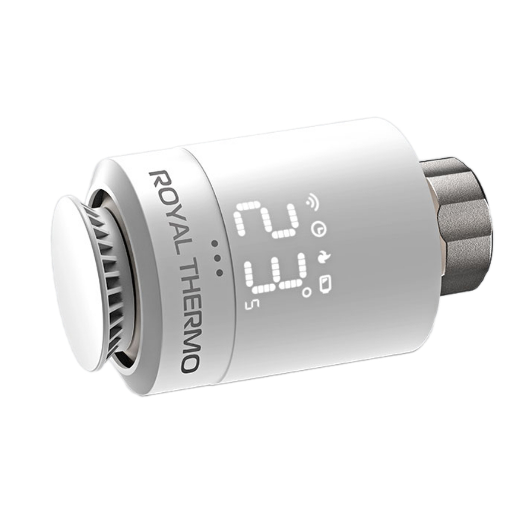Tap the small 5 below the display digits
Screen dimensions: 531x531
[249, 304]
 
